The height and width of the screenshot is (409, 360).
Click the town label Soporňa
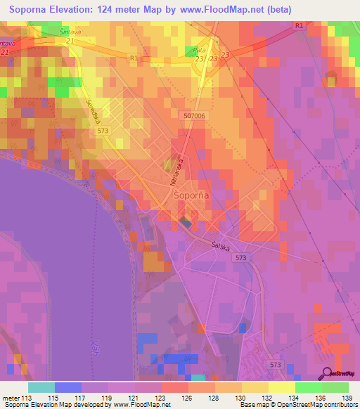pos(189,199)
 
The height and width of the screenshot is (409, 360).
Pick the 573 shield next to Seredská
pos(103,131)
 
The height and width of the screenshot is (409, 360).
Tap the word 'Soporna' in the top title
pos(33,10)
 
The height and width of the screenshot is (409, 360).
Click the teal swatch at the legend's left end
pos(41,387)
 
